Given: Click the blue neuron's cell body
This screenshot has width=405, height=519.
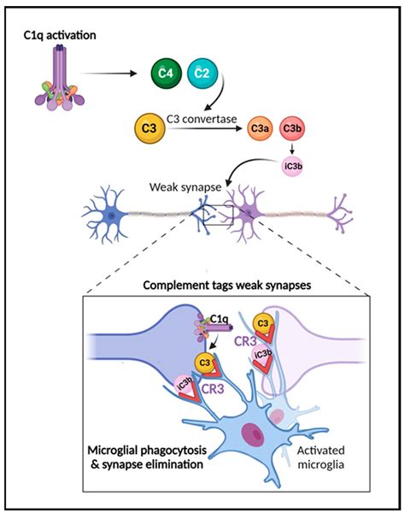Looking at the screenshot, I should point(113,215).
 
